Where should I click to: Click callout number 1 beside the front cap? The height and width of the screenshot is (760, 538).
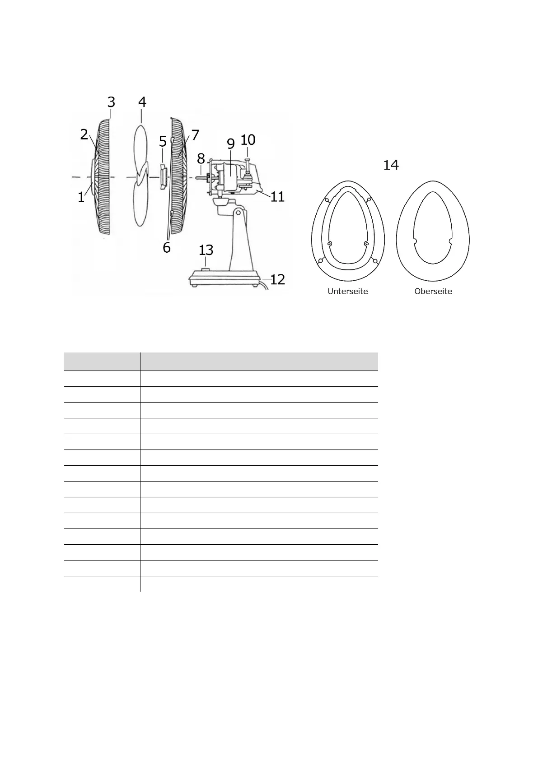coord(81,198)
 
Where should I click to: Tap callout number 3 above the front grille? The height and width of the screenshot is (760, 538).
coord(111,102)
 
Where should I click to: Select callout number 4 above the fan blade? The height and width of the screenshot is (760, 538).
coord(142,102)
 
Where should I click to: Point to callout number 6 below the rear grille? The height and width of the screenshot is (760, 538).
coord(166,248)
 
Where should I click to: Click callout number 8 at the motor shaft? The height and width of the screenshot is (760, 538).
coord(201,158)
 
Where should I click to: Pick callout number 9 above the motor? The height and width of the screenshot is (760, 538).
coord(231,144)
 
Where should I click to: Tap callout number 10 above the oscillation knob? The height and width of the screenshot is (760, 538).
coord(248,140)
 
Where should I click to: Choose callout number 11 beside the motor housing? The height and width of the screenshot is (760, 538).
coord(277,197)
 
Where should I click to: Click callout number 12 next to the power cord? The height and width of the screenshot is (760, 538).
coord(277,279)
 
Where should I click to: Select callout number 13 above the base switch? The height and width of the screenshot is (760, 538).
coord(206,250)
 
